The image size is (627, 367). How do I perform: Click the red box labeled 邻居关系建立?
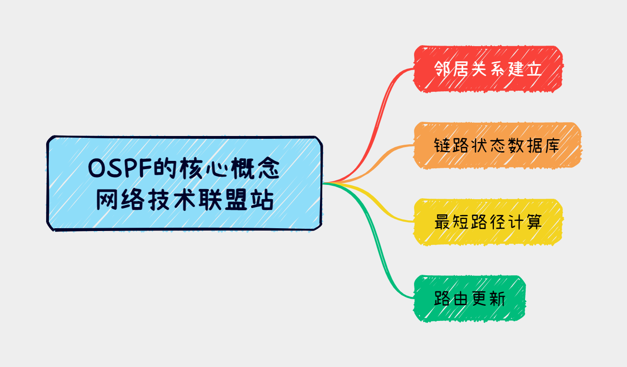point(488,69)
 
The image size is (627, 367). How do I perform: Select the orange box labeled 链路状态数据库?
point(497,146)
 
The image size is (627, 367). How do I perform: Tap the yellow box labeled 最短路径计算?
point(488,222)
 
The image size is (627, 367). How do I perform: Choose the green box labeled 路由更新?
point(469,298)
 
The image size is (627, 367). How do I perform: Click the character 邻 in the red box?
point(442,69)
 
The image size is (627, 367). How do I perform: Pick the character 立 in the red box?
point(534,69)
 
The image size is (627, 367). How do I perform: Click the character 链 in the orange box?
point(442,146)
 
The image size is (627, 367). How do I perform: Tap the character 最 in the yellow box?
point(442,222)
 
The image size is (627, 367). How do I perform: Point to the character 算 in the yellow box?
point(534,222)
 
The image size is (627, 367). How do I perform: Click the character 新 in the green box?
point(497,298)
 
